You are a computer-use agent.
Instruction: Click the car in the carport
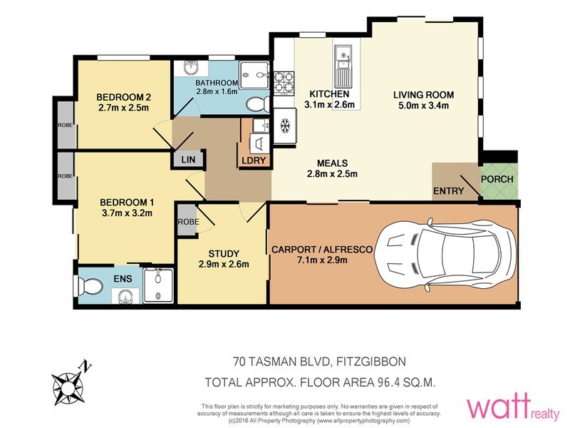coord(445,254)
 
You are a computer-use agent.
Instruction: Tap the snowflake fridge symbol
coord(285,126)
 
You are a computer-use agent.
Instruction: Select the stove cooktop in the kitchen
coord(284,82)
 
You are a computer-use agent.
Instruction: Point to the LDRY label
coord(254,160)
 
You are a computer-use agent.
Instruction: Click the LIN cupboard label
coord(188,159)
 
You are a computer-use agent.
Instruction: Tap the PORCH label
coord(497,179)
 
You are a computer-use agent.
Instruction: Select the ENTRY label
coord(449,190)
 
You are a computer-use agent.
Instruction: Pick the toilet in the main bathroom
coord(257,104)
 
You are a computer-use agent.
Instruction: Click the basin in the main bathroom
coord(190,67)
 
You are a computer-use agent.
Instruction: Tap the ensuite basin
coord(125,296)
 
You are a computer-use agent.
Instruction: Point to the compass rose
coord(68,385)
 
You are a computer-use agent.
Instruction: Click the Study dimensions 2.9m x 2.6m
coord(224,264)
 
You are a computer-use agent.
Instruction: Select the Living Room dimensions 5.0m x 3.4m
coord(423,106)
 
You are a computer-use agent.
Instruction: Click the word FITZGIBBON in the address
coord(370,362)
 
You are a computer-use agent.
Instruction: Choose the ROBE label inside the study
coord(188,222)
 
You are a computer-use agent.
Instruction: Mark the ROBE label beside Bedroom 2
coord(66,125)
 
